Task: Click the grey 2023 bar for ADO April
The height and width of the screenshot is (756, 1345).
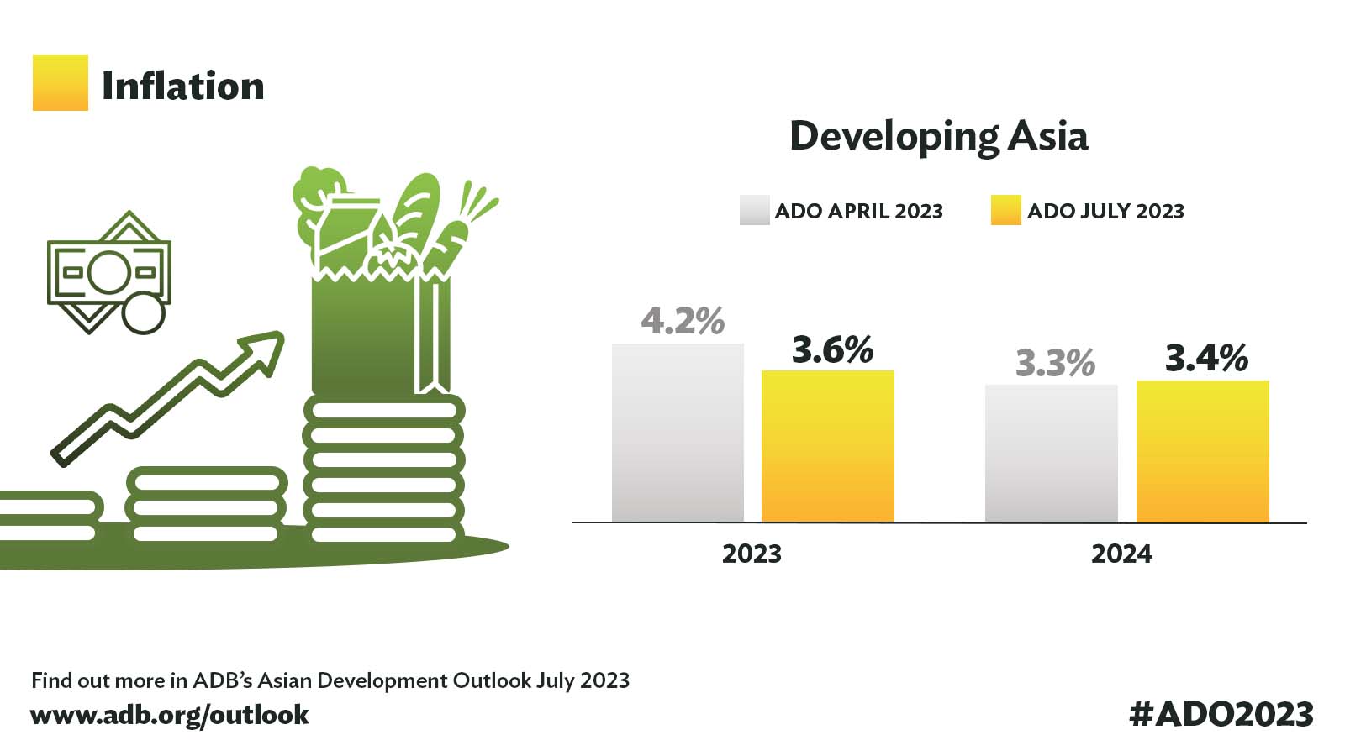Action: coord(678,433)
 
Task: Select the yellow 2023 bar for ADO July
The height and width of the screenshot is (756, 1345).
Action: coord(827,446)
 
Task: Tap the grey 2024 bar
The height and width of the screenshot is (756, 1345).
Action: coord(1051,454)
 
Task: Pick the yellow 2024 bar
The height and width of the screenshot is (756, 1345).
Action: coord(1202,451)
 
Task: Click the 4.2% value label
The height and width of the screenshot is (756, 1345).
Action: coord(682,321)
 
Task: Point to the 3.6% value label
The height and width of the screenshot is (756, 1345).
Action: coord(832,349)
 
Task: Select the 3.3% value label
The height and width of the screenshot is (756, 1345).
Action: coord(1055,363)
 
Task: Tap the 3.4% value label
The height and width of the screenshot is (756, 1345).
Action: coord(1205,358)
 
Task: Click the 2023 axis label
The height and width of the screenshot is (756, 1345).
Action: coord(752,554)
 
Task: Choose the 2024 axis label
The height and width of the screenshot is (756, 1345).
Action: coord(1121,554)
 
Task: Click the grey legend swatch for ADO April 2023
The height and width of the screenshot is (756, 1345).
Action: coord(754,210)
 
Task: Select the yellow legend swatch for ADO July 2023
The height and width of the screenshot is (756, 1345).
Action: coord(1005,210)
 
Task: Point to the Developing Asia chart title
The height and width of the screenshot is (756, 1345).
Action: coord(938,136)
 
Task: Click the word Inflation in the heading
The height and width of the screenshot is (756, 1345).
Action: coord(182,86)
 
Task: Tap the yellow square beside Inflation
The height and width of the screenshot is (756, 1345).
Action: coord(60,82)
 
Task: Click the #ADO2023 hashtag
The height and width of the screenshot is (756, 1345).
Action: coord(1221,714)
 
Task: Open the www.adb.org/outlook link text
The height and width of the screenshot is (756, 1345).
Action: coord(169,715)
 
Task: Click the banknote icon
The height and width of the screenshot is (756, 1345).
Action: coord(108,272)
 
